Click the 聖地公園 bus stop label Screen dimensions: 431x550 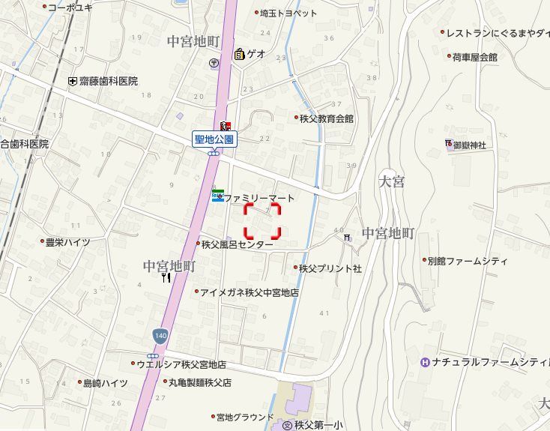click(215, 139)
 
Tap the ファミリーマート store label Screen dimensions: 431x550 click(259, 198)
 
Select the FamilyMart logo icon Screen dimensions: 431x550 click(217, 196)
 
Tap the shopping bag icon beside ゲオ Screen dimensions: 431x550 click(239, 54)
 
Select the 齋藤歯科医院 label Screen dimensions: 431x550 click(109, 81)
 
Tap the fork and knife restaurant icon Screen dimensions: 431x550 click(166, 277)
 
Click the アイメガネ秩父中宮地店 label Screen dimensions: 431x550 click(250, 292)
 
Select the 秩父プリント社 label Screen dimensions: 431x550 click(330, 268)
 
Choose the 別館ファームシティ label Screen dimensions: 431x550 click(467, 262)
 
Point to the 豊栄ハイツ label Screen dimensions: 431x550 click(67, 242)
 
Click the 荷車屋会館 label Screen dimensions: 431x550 click(474, 57)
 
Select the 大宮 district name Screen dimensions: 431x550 click(392, 181)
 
